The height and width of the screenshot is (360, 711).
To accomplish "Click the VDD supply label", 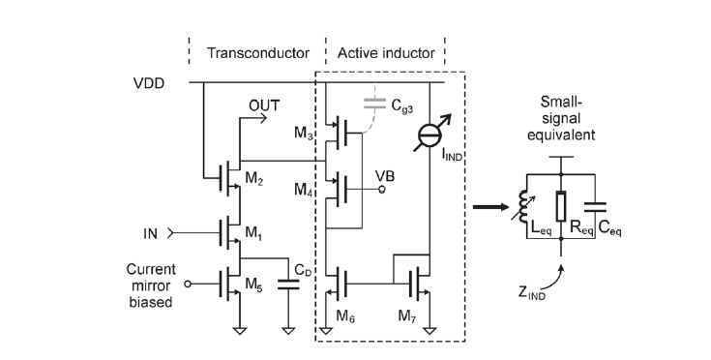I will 149,83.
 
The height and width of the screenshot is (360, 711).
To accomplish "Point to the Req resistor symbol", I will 563,206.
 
